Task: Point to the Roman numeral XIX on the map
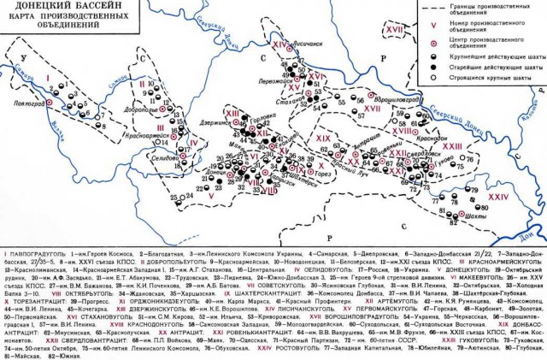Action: [323, 139]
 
